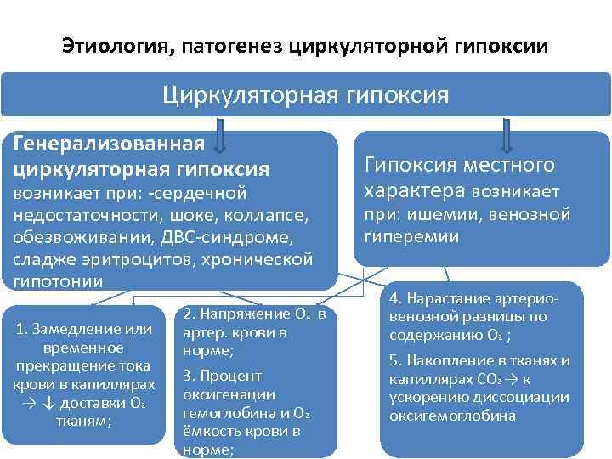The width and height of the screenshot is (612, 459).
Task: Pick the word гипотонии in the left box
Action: (58, 280)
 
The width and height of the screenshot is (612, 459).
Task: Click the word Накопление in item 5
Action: (453, 360)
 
